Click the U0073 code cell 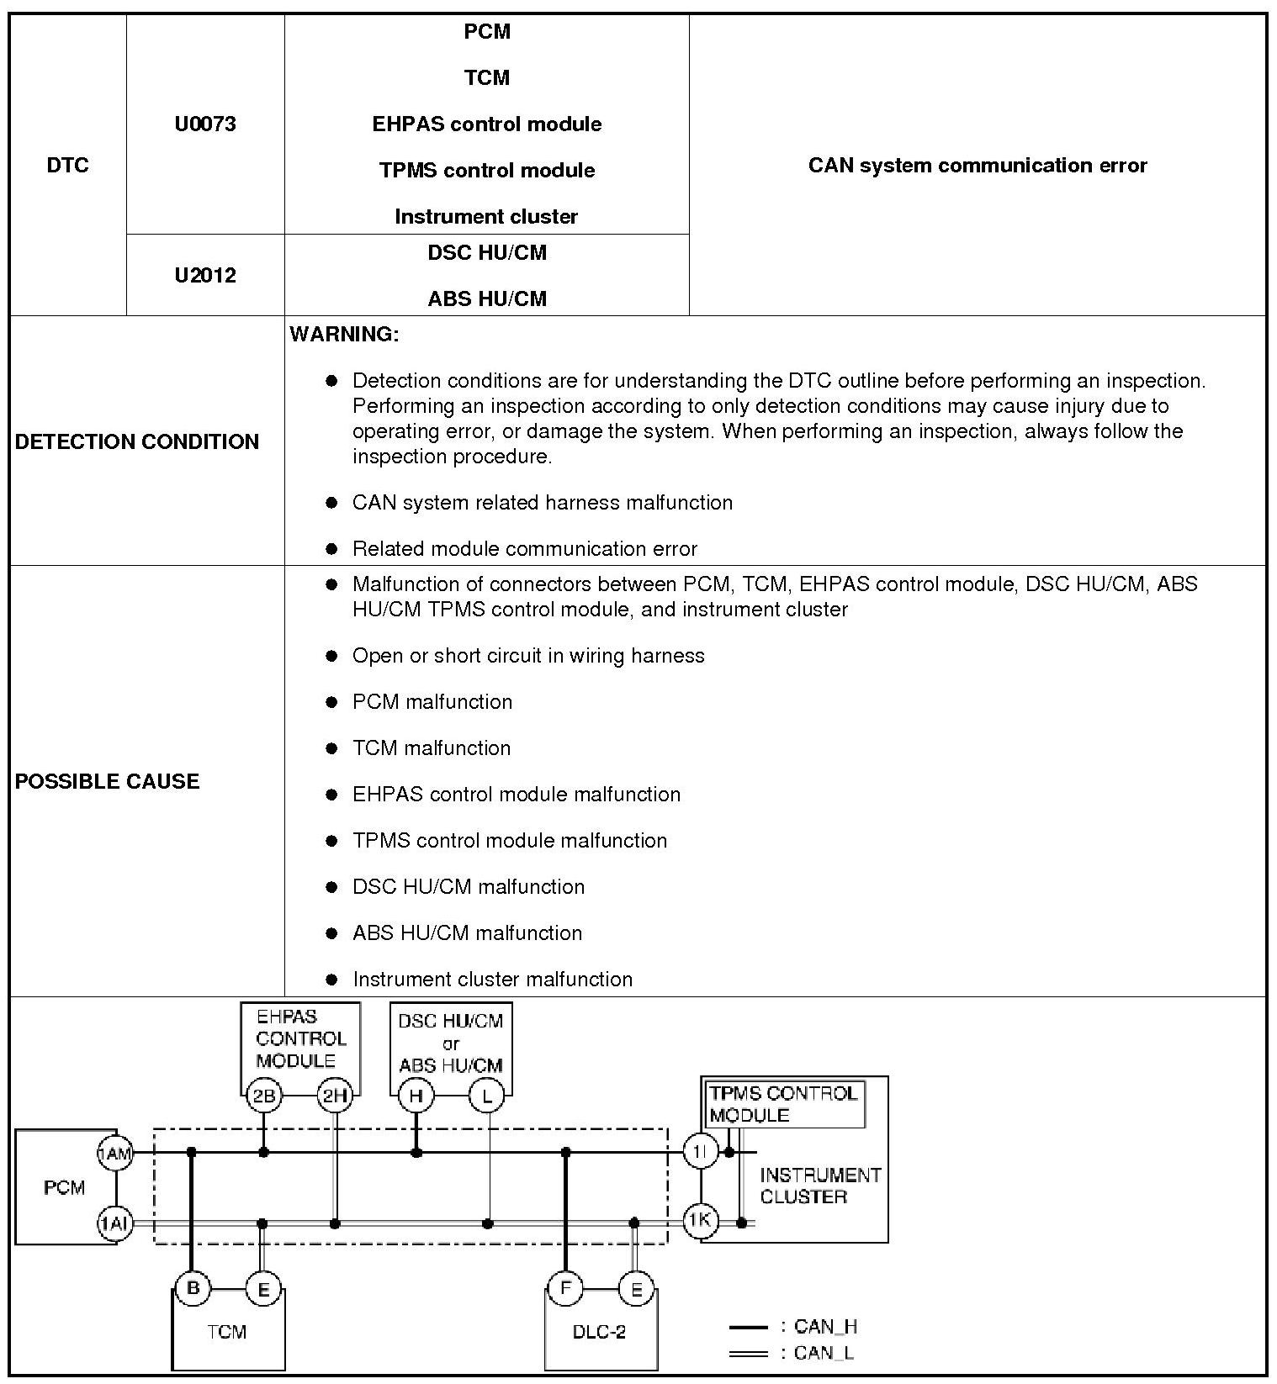pos(205,124)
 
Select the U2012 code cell pos(205,276)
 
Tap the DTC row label pos(67,166)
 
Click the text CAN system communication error pos(977,166)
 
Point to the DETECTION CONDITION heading pos(137,441)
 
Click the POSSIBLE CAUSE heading pos(108,781)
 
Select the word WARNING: pos(344,335)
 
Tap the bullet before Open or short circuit pos(332,656)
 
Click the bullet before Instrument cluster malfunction pos(332,980)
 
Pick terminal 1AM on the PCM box pos(115,1154)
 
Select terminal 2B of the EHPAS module pos(263,1096)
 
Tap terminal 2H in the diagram pos(334,1096)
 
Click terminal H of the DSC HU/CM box pos(416,1096)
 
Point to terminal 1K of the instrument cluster pos(700,1221)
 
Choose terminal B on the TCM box pos(193,1288)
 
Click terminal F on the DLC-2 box pos(565,1288)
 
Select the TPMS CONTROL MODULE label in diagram pos(782,1104)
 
